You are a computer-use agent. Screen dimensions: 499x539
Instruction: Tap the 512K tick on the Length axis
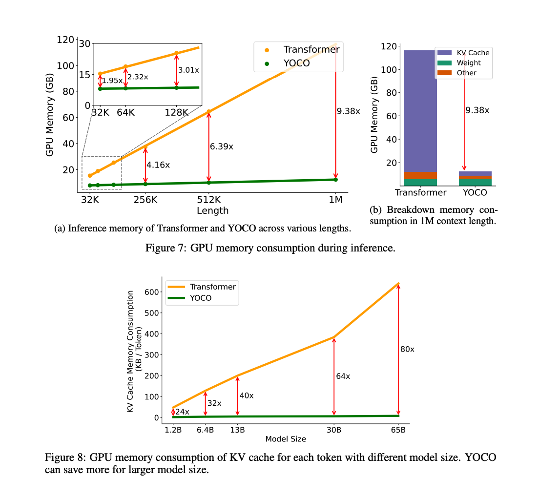[208, 200]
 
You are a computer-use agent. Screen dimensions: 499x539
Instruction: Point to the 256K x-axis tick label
[145, 200]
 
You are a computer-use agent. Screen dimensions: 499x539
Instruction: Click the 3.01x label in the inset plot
[188, 70]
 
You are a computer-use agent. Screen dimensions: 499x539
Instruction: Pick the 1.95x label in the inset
[112, 80]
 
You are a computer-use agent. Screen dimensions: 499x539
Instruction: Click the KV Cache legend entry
[473, 52]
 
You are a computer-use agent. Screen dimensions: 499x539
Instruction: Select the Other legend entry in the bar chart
[466, 73]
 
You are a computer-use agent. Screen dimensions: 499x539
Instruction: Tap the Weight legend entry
[468, 62]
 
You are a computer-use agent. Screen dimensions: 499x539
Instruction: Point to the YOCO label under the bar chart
[475, 192]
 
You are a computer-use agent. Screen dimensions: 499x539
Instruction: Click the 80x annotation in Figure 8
[407, 349]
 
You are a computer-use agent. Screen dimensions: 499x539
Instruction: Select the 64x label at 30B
[343, 376]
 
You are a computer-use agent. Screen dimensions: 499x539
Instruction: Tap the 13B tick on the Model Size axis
[237, 430]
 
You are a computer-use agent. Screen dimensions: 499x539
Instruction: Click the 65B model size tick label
[398, 430]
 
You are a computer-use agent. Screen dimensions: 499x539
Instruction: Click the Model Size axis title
[286, 439]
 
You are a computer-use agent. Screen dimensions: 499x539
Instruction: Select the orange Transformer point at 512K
[208, 112]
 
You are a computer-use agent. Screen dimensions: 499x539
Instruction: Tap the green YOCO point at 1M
[335, 180]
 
